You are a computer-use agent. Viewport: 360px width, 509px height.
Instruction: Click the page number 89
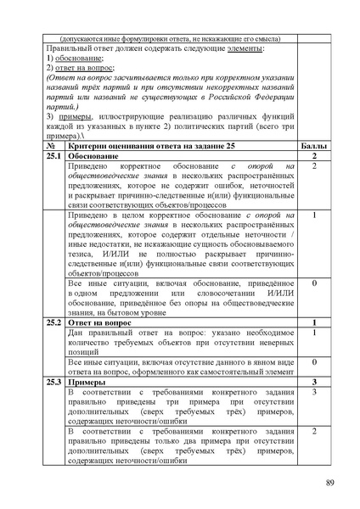[x=330, y=484]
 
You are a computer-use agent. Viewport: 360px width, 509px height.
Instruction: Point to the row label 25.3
[x=54, y=383]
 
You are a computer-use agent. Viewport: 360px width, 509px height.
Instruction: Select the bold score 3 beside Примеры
[x=313, y=383]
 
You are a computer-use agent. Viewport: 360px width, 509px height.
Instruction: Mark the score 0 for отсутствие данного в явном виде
[x=313, y=363]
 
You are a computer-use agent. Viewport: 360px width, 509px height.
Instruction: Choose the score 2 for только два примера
[x=313, y=433]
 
